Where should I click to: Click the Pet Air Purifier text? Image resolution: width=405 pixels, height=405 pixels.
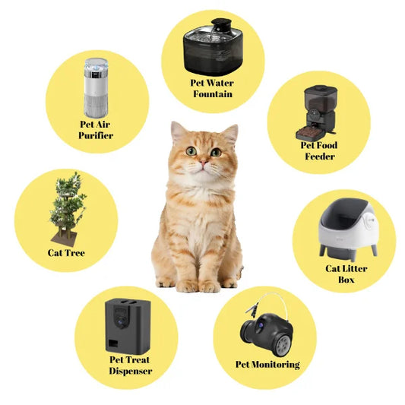coord(96,129)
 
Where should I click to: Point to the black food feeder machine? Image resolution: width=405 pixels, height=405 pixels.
coord(318,110)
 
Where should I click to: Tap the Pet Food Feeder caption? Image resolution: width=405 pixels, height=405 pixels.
coord(319,150)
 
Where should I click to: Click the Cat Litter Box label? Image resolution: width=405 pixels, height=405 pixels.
coord(346,274)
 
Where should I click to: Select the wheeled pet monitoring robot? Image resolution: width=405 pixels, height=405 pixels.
coord(261,325)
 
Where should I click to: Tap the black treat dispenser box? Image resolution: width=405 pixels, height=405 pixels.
coord(128,324)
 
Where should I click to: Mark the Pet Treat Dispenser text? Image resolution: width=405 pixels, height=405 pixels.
coord(129,365)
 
